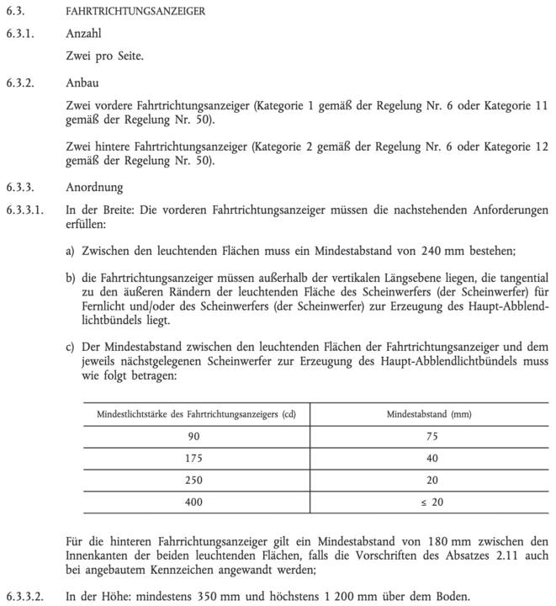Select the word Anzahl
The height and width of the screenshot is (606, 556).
point(83,35)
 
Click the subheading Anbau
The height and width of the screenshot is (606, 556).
point(82,83)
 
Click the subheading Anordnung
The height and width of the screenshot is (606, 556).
point(93,188)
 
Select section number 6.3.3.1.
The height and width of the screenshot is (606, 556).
point(24,210)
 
